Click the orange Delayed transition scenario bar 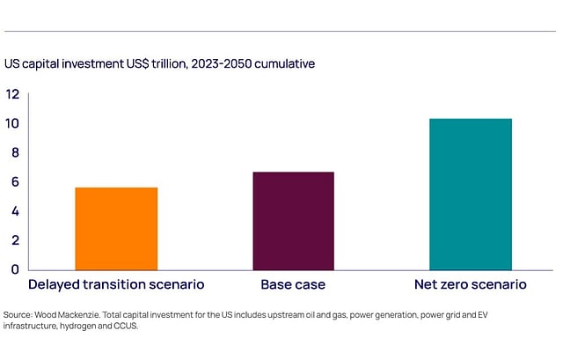(116, 228)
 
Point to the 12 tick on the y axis (12, 94)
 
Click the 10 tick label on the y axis (12, 123)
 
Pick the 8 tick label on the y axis (12, 152)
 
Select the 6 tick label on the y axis (12, 181)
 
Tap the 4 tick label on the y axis (12, 210)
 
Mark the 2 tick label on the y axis (12, 239)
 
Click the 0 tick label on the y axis (12, 268)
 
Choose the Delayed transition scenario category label (116, 285)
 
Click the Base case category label (293, 285)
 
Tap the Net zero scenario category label (470, 285)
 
